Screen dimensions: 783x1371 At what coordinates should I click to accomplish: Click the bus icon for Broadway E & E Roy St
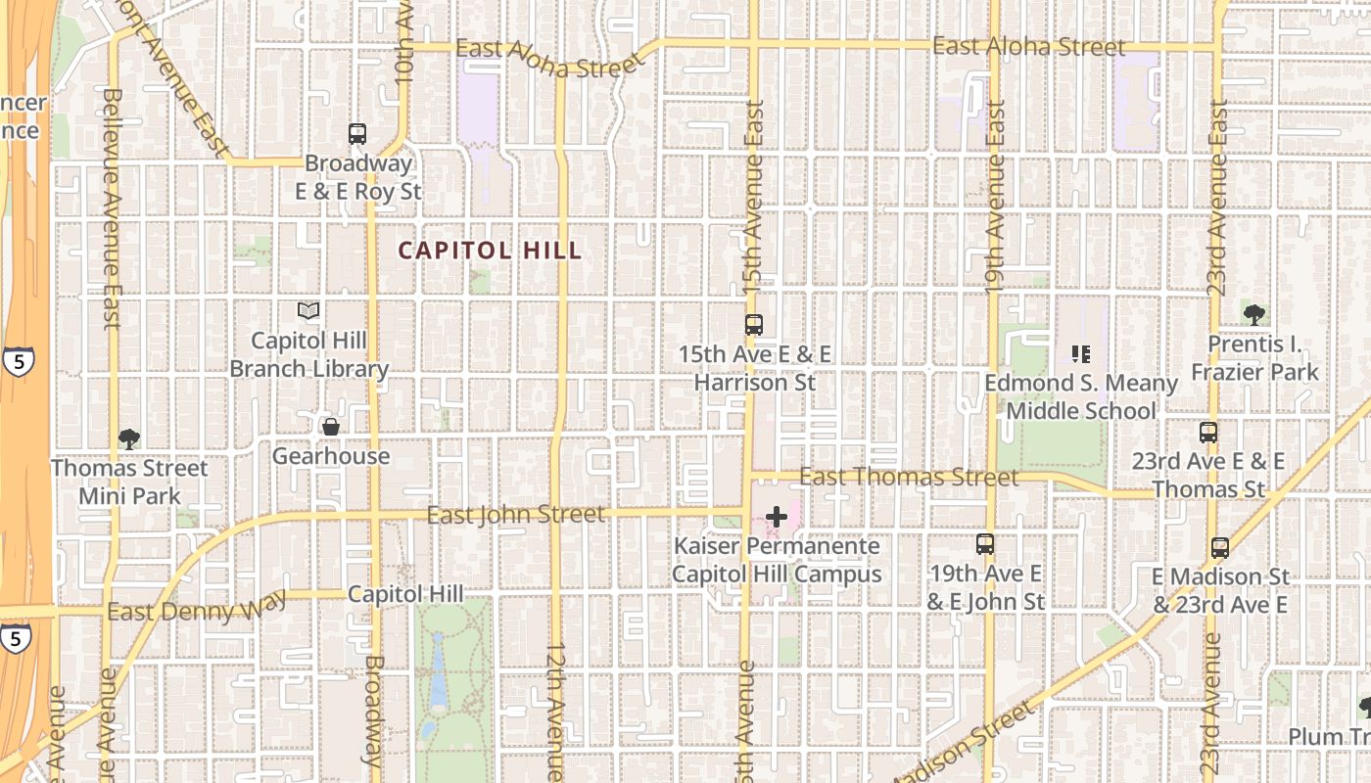point(357,134)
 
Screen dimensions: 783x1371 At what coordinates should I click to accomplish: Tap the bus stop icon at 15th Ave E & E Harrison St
point(753,325)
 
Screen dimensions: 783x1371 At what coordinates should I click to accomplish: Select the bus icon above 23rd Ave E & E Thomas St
point(1208,432)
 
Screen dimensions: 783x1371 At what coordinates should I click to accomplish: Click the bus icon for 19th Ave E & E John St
point(985,544)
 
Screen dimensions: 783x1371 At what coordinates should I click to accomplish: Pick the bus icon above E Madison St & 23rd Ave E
point(1219,547)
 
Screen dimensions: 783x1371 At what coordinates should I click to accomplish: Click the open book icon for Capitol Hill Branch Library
point(308,311)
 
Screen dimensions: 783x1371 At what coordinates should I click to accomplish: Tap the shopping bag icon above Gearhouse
point(331,427)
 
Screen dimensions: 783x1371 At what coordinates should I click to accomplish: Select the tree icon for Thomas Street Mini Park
point(128,438)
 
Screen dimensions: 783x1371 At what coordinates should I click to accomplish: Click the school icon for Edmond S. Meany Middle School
point(1081,353)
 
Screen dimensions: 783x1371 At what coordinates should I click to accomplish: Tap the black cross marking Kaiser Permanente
point(777,516)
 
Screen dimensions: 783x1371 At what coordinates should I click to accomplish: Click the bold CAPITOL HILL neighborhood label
point(490,251)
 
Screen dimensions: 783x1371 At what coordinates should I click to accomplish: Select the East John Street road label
point(516,514)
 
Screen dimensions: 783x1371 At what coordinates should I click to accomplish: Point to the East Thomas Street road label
point(909,477)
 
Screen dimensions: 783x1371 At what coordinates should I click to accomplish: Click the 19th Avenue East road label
point(995,196)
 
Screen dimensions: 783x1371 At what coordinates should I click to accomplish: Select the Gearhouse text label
point(331,456)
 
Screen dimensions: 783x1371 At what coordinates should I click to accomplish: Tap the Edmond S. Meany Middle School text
point(1081,396)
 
